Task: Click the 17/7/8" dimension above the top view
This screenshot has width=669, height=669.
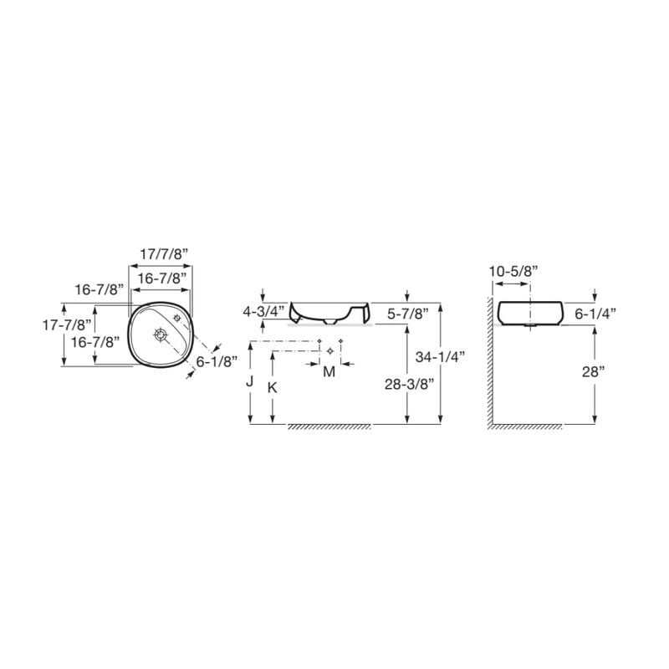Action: coord(164,254)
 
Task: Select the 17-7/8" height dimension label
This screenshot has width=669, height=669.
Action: coord(67,325)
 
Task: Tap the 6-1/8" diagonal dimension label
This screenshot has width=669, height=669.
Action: coord(217,362)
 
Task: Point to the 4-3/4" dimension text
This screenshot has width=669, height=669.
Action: coord(263,312)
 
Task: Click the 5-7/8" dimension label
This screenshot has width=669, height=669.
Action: coord(407,314)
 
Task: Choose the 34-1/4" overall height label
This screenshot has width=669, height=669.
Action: coord(440,357)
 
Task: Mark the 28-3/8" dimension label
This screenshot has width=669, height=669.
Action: coord(410,384)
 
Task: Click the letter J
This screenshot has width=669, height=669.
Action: coord(249,381)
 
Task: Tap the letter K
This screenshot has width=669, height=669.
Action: coord(273,387)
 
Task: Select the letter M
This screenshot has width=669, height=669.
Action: coord(329,372)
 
